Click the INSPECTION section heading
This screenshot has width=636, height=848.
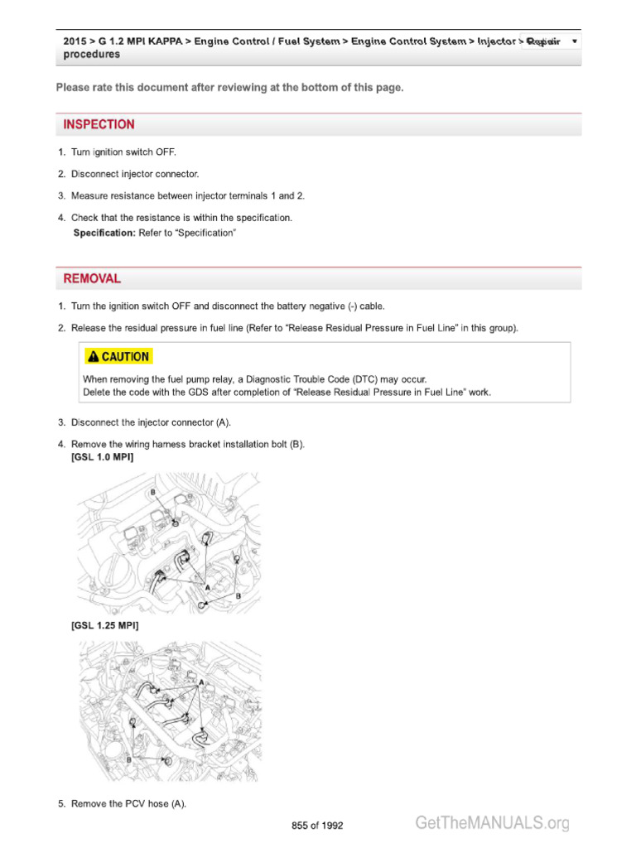point(99,125)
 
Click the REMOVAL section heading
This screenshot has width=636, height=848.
point(92,279)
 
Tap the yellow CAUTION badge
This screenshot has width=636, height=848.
point(118,357)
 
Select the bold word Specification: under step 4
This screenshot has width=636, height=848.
point(104,234)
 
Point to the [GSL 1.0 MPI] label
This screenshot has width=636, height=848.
point(103,457)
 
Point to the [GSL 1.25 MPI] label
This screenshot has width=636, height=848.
point(105,626)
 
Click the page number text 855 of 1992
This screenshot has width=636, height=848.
point(317,826)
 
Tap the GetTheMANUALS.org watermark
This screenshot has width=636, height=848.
point(492,822)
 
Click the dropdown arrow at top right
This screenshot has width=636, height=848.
point(575,41)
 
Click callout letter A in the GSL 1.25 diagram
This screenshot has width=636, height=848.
point(201,682)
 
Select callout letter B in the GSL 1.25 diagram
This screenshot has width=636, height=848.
point(129,759)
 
